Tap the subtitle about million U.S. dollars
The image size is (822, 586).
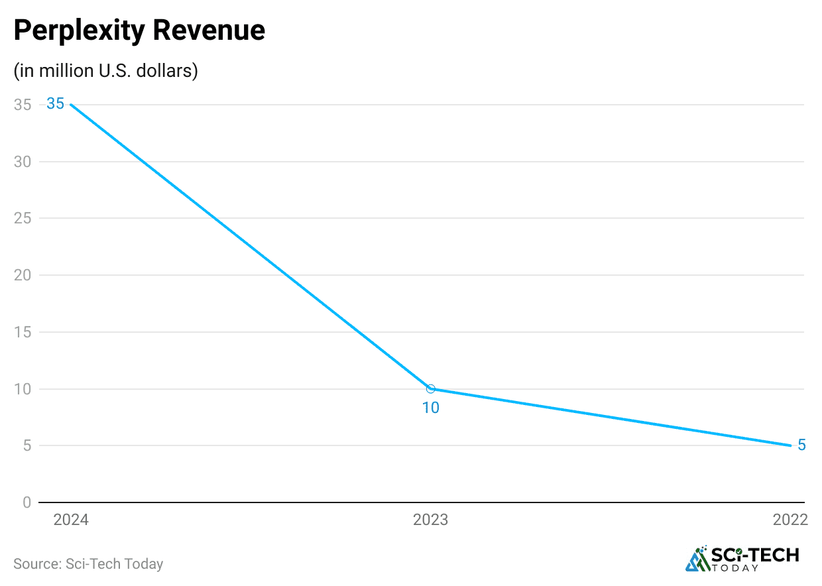tap(105, 71)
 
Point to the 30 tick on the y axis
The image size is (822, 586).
tap(22, 162)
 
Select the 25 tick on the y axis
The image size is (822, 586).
tap(22, 219)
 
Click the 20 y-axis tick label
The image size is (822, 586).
tap(22, 275)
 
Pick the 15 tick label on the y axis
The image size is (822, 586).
tap(22, 332)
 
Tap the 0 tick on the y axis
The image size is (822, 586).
tap(27, 502)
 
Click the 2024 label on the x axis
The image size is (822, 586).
tap(71, 520)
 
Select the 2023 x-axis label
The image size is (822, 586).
tap(430, 520)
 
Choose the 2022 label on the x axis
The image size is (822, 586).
tap(790, 520)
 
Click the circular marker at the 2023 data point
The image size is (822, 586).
tap(431, 389)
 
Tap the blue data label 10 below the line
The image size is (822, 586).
tap(431, 408)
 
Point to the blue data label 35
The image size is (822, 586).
tap(55, 104)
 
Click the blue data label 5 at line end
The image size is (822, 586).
tap(801, 445)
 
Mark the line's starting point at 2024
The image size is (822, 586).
tap(70, 105)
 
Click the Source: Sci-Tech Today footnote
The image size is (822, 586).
tap(88, 564)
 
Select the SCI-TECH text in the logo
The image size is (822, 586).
tap(755, 554)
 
